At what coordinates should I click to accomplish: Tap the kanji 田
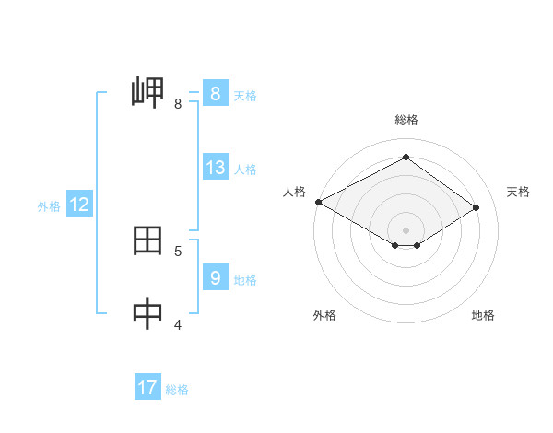(148, 241)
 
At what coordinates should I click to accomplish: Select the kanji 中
(148, 314)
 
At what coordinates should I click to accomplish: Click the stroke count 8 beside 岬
(178, 104)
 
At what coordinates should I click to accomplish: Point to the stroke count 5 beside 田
(178, 251)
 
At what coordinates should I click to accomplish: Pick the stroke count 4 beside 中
(178, 323)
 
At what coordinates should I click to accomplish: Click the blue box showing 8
(215, 93)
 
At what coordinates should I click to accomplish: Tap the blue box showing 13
(215, 168)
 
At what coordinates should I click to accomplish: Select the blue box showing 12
(78, 205)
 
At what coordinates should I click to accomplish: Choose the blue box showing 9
(215, 276)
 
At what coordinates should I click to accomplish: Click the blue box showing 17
(147, 388)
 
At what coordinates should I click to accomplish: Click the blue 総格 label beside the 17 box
(177, 390)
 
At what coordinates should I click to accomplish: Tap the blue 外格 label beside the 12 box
(49, 206)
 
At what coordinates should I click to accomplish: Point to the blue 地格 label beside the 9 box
(245, 279)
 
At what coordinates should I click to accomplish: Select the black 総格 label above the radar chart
(406, 120)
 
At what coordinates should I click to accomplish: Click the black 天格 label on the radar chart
(518, 192)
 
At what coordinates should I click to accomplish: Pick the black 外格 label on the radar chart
(324, 315)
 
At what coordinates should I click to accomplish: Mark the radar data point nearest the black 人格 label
(318, 202)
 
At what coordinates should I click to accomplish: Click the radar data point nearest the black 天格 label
(476, 207)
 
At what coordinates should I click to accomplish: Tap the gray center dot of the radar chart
(406, 229)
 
